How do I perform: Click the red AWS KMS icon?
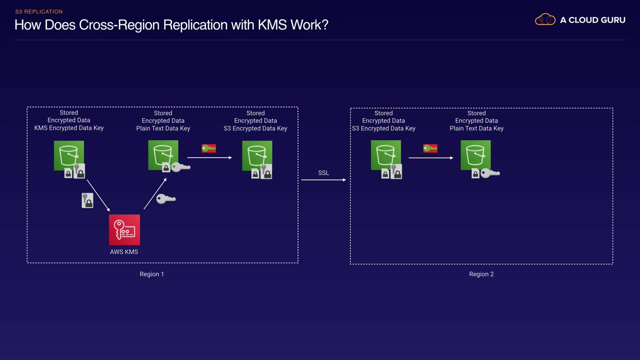pyautogui.click(x=124, y=230)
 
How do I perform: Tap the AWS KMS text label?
pyautogui.click(x=124, y=252)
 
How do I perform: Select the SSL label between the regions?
pyautogui.click(x=323, y=173)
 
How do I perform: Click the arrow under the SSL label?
pyautogui.click(x=323, y=179)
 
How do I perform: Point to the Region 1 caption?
pyautogui.click(x=151, y=274)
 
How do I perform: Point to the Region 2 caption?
pyautogui.click(x=481, y=274)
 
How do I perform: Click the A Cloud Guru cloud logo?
pyautogui.click(x=545, y=20)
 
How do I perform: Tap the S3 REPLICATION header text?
pyautogui.click(x=39, y=11)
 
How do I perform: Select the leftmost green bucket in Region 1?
pyautogui.click(x=69, y=155)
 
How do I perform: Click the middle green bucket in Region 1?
pyautogui.click(x=163, y=155)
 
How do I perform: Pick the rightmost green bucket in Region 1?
pyautogui.click(x=257, y=155)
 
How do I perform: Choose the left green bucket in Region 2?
pyautogui.click(x=386, y=155)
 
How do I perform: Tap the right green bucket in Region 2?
pyautogui.click(x=475, y=155)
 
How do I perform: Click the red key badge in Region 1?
pyautogui.click(x=208, y=148)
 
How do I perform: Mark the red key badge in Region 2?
pyautogui.click(x=430, y=148)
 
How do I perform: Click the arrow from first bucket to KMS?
pyautogui.click(x=98, y=195)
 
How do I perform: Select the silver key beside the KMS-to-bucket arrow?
pyautogui.click(x=166, y=199)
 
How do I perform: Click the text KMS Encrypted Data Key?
pyautogui.click(x=69, y=128)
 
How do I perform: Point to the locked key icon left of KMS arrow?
pyautogui.click(x=87, y=200)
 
